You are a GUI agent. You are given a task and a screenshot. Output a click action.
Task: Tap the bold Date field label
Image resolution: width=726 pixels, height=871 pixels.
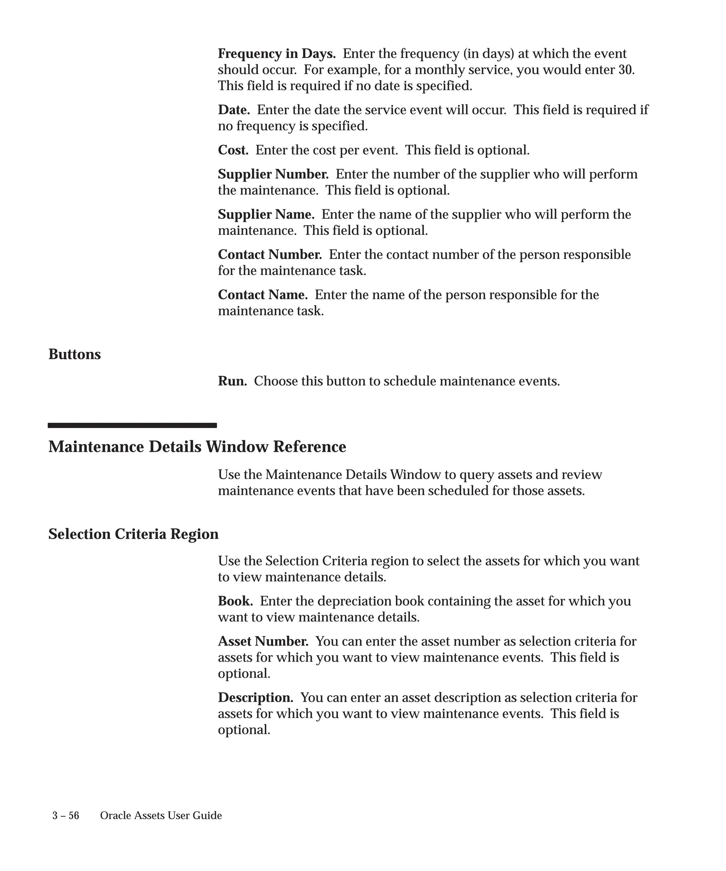coord(234,110)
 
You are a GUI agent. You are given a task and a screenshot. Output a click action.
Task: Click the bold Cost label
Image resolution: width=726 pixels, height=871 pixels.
coord(233,150)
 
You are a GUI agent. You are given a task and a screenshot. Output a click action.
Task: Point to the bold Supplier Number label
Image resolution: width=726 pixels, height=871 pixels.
coord(273,174)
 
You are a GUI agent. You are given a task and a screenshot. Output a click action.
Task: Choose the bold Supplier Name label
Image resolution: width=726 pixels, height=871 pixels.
coord(266,214)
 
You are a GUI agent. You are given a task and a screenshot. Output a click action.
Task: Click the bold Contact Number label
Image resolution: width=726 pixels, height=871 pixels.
coord(270,255)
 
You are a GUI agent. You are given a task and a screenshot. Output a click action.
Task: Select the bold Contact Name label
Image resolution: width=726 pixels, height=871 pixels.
coord(263,295)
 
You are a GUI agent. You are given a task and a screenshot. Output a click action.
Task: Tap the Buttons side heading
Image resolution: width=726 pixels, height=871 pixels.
coord(75,355)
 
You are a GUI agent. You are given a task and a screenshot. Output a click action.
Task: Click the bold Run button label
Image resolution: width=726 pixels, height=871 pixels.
coord(232,381)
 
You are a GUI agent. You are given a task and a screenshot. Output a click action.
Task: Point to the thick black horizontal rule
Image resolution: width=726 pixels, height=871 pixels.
coord(132,425)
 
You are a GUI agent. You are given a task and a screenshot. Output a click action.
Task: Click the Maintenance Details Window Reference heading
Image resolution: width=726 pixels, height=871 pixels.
coord(197,447)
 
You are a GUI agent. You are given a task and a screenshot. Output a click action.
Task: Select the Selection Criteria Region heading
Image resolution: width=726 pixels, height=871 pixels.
coord(133,534)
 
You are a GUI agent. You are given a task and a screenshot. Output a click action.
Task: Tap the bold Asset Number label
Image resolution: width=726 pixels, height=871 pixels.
coord(263,641)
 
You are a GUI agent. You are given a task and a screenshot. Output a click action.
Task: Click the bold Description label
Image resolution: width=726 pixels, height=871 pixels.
coord(256,698)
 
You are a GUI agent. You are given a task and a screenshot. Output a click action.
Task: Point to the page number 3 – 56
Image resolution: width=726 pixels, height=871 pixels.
coord(66,816)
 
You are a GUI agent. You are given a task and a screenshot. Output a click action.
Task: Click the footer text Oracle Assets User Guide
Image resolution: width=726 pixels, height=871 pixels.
coord(161,816)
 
